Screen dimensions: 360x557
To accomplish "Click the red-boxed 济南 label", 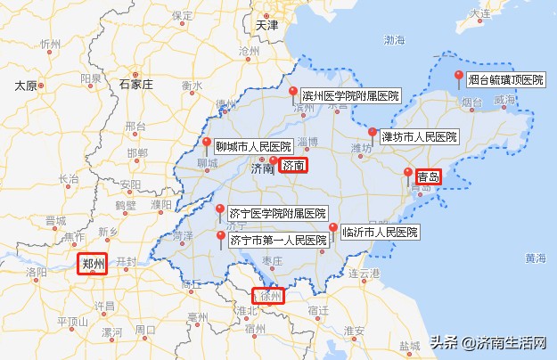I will [293, 165].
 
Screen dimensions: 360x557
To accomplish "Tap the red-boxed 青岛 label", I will [428, 176].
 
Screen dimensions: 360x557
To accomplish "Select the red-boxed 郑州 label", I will [93, 264].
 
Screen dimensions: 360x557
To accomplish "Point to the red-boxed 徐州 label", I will [269, 295].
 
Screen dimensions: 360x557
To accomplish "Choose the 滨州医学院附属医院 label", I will [351, 95].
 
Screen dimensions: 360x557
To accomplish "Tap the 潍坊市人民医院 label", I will [419, 137].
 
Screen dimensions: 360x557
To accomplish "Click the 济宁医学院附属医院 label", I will [278, 214].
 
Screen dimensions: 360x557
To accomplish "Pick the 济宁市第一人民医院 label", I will [278, 240].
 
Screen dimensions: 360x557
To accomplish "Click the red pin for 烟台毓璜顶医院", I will [458, 77].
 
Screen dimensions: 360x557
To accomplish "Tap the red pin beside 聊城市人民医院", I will [207, 143].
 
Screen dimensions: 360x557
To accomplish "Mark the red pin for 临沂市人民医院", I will [333, 229].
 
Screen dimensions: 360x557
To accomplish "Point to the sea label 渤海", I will [394, 40].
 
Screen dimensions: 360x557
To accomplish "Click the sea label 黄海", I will [535, 258].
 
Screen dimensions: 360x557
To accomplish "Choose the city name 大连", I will [480, 13].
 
